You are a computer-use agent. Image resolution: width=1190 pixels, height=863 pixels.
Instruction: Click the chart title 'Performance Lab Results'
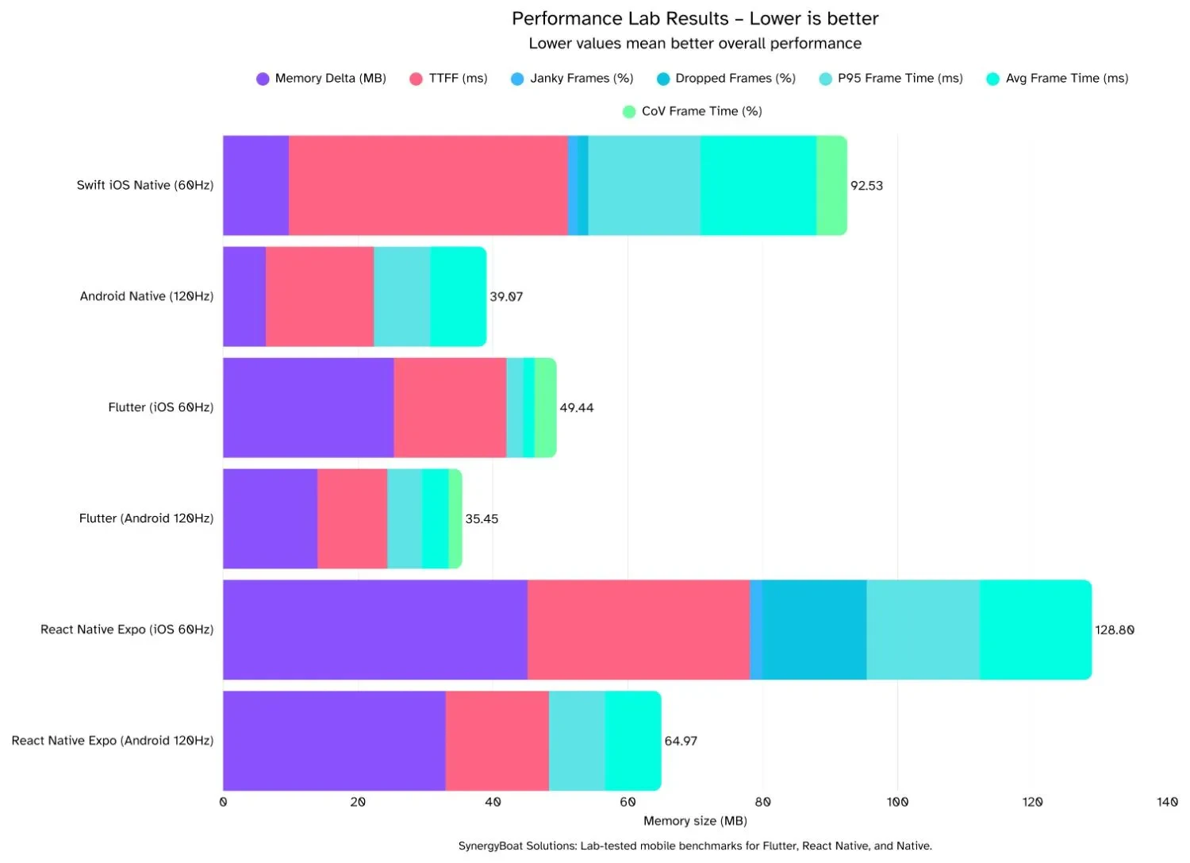coord(620,18)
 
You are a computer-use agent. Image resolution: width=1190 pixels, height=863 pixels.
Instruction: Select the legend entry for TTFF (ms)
coord(458,78)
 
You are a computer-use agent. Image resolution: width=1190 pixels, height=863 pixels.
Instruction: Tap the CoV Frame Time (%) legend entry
coord(701,111)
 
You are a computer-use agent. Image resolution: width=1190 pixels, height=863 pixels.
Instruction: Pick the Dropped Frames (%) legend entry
coord(735,78)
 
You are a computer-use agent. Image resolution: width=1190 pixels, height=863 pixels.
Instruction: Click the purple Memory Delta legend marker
coord(263,79)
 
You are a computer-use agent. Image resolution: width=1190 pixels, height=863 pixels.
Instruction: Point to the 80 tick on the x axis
coord(762,802)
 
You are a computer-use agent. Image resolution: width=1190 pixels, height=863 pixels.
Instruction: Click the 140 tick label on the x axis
coord(1167,802)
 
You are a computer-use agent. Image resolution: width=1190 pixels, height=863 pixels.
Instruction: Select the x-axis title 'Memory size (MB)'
coord(695,821)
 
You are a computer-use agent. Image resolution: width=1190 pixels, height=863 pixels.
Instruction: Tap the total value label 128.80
coord(1115,630)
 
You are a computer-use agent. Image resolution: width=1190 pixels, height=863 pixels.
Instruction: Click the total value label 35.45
coord(482,518)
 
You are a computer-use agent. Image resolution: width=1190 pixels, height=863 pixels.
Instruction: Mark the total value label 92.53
coord(866,185)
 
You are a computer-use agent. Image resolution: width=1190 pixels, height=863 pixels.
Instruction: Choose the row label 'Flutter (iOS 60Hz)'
coord(160,407)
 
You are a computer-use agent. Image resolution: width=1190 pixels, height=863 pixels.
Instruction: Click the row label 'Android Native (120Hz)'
coord(146,296)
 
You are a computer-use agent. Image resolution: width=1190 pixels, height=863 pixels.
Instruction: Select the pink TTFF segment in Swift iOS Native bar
coord(428,185)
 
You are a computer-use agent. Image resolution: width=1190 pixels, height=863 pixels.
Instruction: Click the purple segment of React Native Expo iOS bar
coord(374,630)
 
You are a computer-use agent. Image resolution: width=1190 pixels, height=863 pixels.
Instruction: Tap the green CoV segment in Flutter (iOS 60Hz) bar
coord(545,407)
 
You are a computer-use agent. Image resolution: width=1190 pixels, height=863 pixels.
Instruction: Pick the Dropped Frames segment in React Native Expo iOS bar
coord(814,630)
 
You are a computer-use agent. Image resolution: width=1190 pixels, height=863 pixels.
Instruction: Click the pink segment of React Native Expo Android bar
coord(497,741)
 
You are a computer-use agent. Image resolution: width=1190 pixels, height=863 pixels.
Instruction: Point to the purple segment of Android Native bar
coord(244,296)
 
